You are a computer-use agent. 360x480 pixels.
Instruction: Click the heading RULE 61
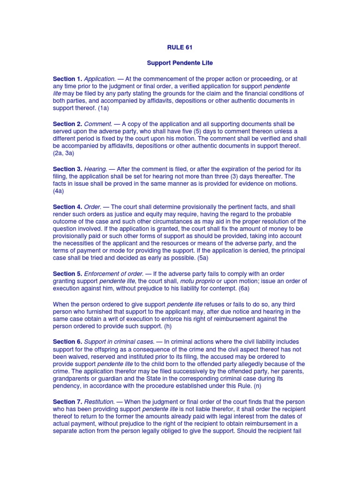[x=180, y=47]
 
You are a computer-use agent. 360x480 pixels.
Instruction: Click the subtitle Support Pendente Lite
[x=180, y=63]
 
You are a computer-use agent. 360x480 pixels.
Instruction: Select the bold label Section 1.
[x=67, y=79]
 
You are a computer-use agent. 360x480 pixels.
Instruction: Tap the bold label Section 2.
[x=67, y=124]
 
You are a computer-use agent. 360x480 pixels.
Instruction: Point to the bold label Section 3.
[x=67, y=169]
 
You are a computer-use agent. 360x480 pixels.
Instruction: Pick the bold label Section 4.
[x=67, y=207]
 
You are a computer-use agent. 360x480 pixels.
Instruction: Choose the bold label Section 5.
[x=67, y=274]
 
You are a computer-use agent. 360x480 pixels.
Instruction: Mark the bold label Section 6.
[x=67, y=342]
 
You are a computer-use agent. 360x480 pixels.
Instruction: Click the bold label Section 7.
[x=67, y=402]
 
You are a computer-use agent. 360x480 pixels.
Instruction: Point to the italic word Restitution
[x=99, y=402]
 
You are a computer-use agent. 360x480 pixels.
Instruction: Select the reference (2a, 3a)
[x=64, y=153]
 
